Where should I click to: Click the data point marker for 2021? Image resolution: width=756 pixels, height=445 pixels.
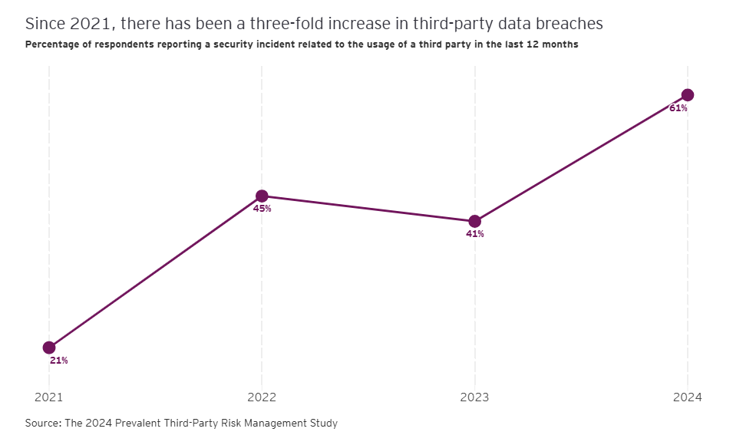49,348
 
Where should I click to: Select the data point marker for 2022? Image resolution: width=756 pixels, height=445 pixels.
262,196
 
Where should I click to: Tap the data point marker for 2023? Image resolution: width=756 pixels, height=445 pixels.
474,221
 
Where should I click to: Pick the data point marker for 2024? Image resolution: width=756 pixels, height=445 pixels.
688,95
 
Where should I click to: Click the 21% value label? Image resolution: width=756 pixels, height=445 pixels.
59,361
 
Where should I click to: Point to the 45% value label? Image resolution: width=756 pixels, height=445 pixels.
262,209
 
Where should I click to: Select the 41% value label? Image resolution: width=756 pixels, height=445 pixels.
474,234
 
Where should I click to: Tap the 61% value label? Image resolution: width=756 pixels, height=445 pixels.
678,108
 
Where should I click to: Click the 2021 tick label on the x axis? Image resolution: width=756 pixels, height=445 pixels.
49,397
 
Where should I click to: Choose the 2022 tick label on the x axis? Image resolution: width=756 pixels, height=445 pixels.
262,397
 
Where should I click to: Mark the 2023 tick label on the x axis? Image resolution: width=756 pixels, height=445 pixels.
474,397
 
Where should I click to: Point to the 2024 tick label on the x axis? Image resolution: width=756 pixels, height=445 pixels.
688,397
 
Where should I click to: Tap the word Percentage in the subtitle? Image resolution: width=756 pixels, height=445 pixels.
51,44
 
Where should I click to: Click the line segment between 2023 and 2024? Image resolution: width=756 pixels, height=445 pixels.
581,158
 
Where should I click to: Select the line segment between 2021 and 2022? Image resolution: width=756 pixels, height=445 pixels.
155,272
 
